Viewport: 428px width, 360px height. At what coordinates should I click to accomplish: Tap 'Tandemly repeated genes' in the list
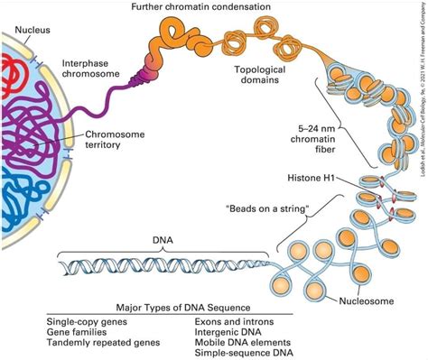pyautogui.click(x=103, y=343)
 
